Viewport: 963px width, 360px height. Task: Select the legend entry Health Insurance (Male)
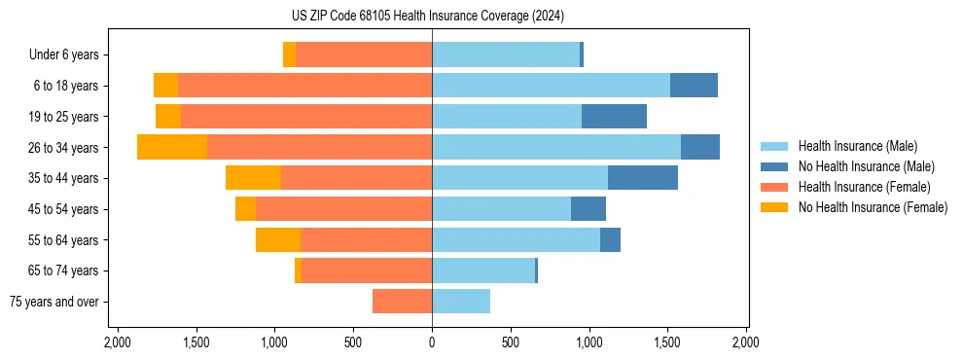(857, 146)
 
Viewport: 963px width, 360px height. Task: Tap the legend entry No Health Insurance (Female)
(873, 207)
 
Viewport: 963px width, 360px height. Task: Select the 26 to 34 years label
(63, 148)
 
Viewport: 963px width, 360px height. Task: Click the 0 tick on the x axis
(432, 343)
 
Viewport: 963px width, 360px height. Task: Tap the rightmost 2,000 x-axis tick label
(746, 343)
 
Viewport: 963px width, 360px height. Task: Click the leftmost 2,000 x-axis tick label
(118, 343)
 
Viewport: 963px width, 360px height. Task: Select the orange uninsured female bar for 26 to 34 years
(172, 147)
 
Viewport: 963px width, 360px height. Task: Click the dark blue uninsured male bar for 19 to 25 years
(614, 117)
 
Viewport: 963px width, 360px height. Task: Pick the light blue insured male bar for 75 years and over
(461, 302)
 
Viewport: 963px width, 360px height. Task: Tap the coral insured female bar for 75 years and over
(402, 302)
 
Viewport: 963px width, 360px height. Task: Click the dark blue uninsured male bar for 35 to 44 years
(643, 178)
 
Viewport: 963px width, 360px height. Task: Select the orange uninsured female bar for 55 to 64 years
(278, 239)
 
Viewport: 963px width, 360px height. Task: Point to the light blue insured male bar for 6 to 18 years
(551, 86)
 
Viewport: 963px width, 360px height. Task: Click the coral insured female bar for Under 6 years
(364, 55)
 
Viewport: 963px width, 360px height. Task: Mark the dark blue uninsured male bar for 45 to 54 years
(588, 209)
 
